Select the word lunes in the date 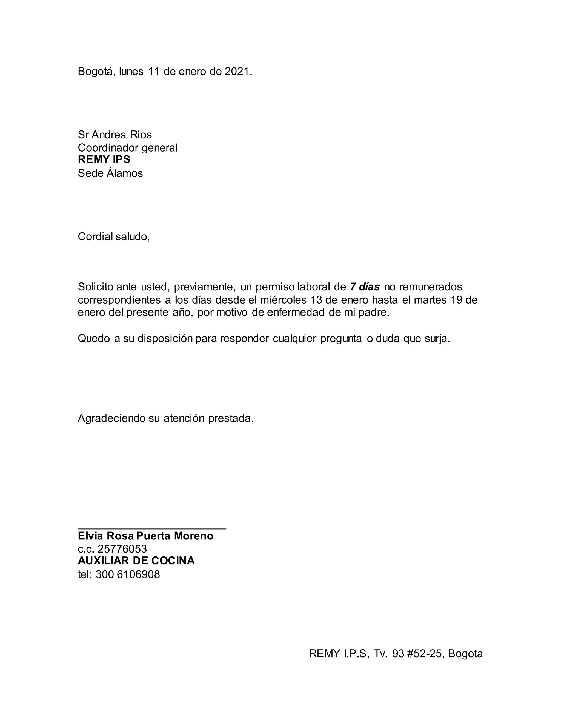click(131, 72)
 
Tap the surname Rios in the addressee click(141, 135)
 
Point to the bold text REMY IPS click(104, 159)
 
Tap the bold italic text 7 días click(365, 287)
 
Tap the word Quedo click(94, 338)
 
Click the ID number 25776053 click(122, 549)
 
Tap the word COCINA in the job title click(173, 561)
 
